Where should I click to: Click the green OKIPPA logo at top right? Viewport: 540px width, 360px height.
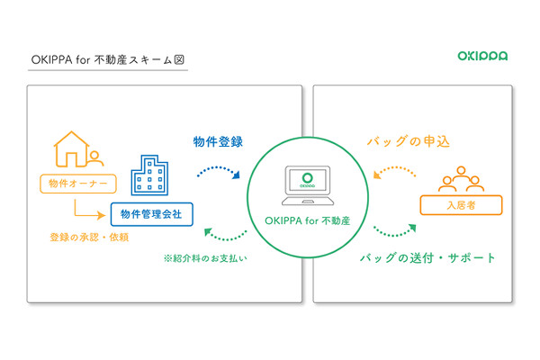(x=482, y=56)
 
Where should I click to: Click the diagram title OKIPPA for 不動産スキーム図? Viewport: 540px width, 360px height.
(x=108, y=60)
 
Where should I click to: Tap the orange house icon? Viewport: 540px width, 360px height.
(x=72, y=149)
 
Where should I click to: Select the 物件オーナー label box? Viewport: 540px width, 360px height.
(x=78, y=184)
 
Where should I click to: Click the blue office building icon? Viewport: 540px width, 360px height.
(x=149, y=175)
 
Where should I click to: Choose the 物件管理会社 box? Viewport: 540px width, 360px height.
(x=151, y=214)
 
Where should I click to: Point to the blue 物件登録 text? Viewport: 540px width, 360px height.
(x=218, y=142)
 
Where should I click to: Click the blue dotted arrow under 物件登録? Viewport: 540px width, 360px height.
(x=218, y=168)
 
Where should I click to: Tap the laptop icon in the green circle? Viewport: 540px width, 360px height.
(x=308, y=185)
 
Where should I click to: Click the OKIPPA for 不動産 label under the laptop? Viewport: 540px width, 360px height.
(x=307, y=220)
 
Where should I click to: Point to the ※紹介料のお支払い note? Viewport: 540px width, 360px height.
(x=205, y=258)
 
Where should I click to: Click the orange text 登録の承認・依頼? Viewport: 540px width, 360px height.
(x=89, y=238)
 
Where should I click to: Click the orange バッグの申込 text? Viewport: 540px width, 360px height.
(x=409, y=141)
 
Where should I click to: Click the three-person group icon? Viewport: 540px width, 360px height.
(x=461, y=179)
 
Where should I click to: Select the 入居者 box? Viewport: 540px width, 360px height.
(x=461, y=205)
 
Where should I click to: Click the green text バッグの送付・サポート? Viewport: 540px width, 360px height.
(x=427, y=258)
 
